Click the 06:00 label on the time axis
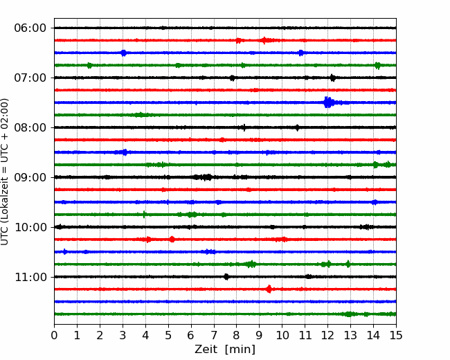point(30,28)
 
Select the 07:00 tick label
point(30,78)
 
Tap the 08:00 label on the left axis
point(30,127)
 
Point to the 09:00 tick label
point(30,177)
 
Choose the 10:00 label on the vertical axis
point(30,227)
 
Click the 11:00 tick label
point(30,277)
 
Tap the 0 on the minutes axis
point(54,335)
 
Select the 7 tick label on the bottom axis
point(214,335)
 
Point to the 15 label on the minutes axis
point(396,335)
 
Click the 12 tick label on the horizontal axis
point(327,335)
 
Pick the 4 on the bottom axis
point(145,335)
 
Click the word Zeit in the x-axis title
point(207,349)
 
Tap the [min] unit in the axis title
point(240,350)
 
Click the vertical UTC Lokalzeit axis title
point(5,172)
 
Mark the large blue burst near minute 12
point(327,102)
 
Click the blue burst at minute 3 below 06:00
point(124,53)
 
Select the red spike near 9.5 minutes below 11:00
point(269,289)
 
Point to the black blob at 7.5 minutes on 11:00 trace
point(226,277)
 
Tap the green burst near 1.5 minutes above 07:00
point(89,66)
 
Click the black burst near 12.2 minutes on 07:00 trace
point(332,78)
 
